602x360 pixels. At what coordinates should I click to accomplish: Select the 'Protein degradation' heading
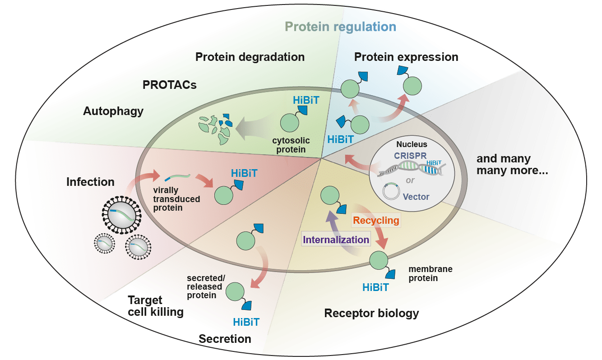pos(250,57)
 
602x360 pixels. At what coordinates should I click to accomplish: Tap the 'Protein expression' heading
pos(406,57)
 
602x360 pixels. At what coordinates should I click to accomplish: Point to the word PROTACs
pos(169,85)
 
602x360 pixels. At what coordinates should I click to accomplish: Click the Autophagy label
pos(113,111)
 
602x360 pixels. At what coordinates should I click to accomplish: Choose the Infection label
pos(90,182)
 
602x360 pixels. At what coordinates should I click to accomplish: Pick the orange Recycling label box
pos(376,221)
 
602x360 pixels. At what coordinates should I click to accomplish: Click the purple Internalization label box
pos(336,240)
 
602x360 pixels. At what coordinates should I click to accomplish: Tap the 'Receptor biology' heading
pos(371,313)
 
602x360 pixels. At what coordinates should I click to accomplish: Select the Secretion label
pos(225,339)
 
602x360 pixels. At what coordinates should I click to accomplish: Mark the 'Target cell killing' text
pos(155,306)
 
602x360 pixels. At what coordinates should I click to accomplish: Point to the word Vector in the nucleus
pos(416,197)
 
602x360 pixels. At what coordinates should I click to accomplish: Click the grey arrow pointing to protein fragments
pos(255,124)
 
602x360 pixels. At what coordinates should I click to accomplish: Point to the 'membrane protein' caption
pos(430,273)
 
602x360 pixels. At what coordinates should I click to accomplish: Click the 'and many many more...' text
pos(512,165)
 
